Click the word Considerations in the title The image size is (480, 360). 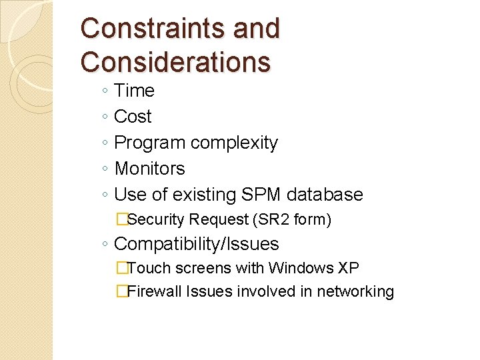[175, 61]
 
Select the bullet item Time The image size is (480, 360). [134, 91]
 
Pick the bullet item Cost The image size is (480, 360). [133, 117]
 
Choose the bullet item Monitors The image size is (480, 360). [149, 169]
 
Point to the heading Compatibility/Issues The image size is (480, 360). [196, 244]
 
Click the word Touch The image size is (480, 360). [145, 268]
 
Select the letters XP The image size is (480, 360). [349, 268]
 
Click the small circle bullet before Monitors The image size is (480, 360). [106, 169]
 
